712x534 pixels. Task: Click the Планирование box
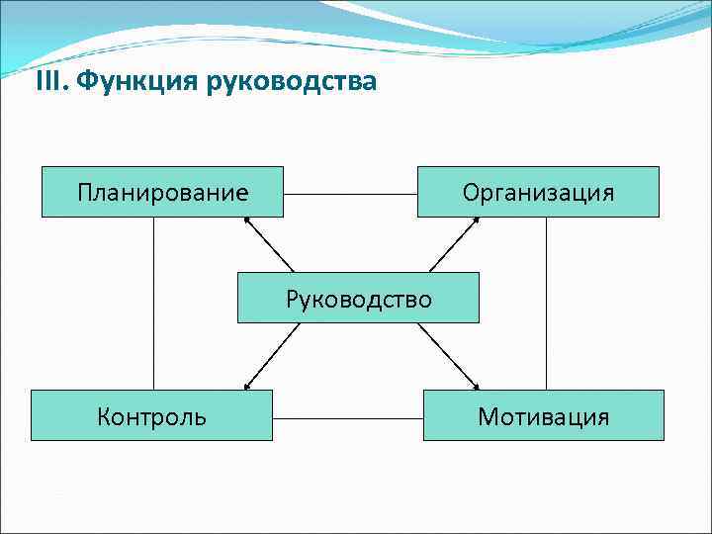[162, 192]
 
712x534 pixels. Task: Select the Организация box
[538, 192]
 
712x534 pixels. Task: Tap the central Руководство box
[358, 298]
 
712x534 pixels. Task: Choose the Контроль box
[151, 415]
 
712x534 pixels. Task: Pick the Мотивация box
[543, 415]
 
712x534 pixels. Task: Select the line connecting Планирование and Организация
[350, 194]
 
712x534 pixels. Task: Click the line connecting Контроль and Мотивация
[347, 417]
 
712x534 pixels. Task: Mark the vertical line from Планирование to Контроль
[154, 303]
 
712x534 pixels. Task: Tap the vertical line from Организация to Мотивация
[546, 303]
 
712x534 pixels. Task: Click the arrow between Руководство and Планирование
[268, 244]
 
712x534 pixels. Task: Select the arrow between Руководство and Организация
[454, 244]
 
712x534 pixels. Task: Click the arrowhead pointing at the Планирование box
[246, 222]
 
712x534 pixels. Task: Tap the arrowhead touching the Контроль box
[247, 385]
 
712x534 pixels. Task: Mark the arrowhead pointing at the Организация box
[475, 222]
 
